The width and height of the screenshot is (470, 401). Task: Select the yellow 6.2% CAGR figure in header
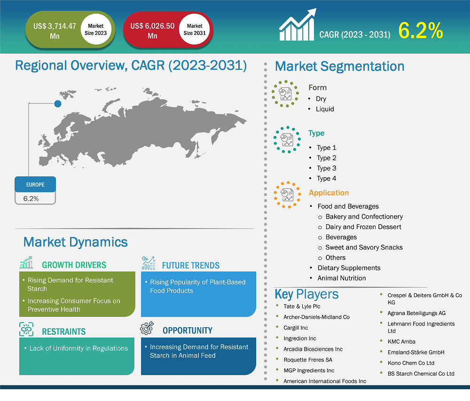click(x=421, y=31)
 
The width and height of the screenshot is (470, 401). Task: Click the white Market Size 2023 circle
click(x=96, y=30)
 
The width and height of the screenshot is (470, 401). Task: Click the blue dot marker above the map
click(x=57, y=104)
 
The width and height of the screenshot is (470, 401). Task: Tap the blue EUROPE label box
click(x=35, y=185)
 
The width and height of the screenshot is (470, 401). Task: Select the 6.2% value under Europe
click(x=31, y=198)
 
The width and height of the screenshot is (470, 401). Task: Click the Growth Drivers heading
click(x=74, y=265)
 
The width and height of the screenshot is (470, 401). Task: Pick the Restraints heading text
click(x=64, y=331)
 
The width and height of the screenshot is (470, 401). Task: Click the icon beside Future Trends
click(x=149, y=263)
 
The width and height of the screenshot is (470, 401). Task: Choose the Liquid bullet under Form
click(x=325, y=109)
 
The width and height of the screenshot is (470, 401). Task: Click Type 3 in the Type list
click(x=326, y=168)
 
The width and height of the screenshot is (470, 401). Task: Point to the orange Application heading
click(x=329, y=193)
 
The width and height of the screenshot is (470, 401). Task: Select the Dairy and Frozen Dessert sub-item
click(x=363, y=227)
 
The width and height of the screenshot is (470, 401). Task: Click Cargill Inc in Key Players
click(x=296, y=328)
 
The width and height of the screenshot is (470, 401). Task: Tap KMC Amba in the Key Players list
click(x=401, y=341)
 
